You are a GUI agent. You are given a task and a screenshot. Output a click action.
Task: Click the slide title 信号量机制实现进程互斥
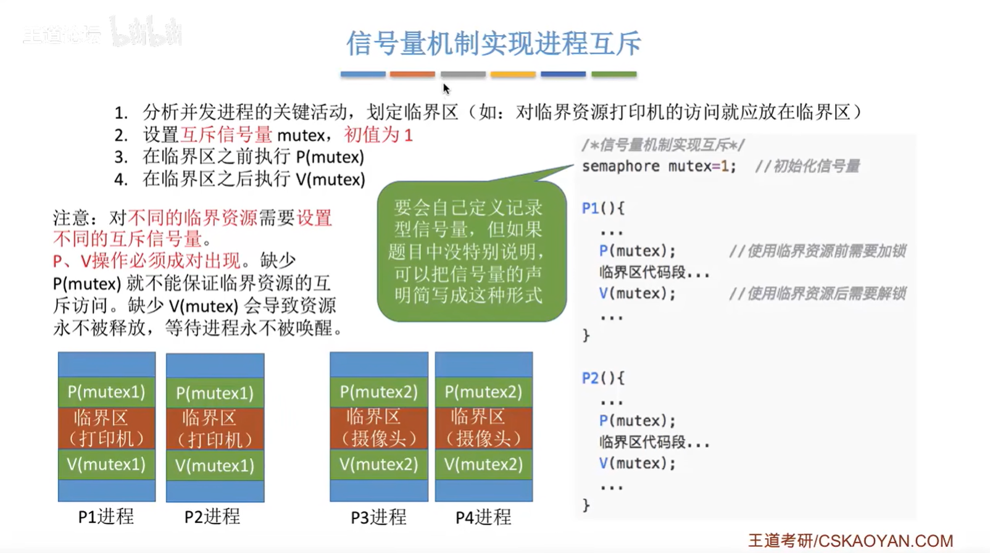[x=493, y=44]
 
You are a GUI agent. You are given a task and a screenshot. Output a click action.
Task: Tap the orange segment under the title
[x=412, y=74]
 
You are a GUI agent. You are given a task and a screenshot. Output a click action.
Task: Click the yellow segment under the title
[x=513, y=74]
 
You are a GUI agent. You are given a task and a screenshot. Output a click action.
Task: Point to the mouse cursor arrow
[x=446, y=89]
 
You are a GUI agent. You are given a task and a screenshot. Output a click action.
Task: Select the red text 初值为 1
[x=378, y=135]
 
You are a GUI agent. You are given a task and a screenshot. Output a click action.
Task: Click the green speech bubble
[x=472, y=251]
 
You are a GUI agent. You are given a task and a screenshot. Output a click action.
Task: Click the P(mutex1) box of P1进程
[x=107, y=392]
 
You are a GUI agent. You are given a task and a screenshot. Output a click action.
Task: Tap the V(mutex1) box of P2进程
[x=215, y=465]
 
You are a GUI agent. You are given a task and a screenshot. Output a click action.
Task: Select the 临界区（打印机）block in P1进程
[x=107, y=428]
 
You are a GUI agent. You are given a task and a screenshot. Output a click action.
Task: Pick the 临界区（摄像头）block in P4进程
[x=484, y=428]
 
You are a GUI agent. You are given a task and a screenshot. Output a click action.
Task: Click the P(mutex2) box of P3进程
[x=379, y=392]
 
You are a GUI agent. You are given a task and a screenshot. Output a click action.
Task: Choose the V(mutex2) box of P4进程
[x=484, y=464]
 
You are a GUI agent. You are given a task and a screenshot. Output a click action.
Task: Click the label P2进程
[x=212, y=517]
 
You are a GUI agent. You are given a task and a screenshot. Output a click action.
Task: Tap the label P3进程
[x=378, y=517]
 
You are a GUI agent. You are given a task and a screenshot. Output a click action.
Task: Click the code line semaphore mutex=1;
[x=659, y=167]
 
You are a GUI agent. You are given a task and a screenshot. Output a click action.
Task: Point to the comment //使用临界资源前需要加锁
[x=817, y=251]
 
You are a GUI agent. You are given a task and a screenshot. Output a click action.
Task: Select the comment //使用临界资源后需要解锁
[x=817, y=294]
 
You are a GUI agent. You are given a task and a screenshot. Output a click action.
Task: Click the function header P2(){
[x=603, y=378]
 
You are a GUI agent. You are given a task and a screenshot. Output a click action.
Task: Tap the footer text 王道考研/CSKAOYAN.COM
[x=851, y=541]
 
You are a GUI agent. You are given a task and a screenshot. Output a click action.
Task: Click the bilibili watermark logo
[x=147, y=32]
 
